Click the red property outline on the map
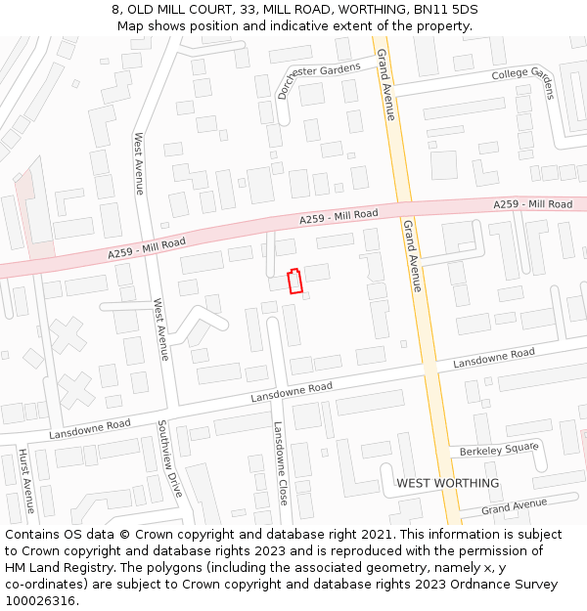(x=293, y=281)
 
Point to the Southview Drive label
(x=169, y=459)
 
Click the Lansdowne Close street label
(x=281, y=462)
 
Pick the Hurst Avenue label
(x=26, y=481)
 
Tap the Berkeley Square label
(x=499, y=449)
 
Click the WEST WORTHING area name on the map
(x=447, y=483)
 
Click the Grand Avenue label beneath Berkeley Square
(x=514, y=506)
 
